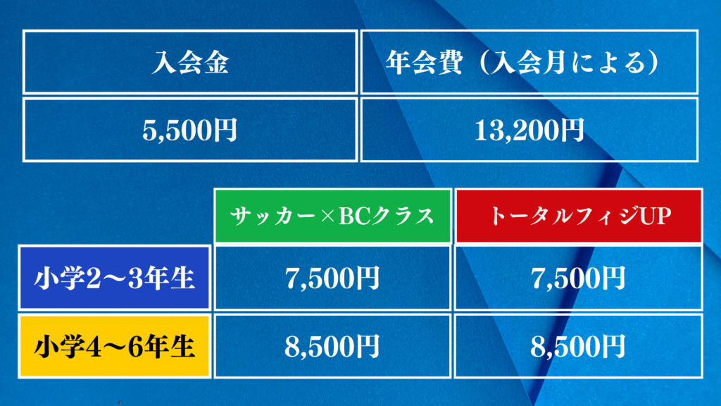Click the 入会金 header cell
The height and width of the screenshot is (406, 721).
point(190,62)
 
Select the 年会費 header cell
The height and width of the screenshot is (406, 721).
point(529,62)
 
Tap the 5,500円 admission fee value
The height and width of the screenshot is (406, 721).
point(190,130)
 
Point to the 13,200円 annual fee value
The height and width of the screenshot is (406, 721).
point(529,130)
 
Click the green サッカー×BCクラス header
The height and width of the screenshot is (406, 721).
point(332,216)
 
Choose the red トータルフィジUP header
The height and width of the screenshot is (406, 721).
point(579,216)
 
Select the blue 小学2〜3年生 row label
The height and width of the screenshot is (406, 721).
point(114,278)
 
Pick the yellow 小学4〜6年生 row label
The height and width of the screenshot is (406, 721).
point(114,346)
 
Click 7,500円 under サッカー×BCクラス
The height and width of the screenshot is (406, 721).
point(332,278)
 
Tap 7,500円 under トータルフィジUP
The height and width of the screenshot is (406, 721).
point(579,278)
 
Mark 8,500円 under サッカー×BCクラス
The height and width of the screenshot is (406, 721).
point(332,346)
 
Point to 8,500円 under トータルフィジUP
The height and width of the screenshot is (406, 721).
point(579,346)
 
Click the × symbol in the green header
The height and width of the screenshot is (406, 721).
point(327,216)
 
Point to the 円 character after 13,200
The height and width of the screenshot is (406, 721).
point(572,130)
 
